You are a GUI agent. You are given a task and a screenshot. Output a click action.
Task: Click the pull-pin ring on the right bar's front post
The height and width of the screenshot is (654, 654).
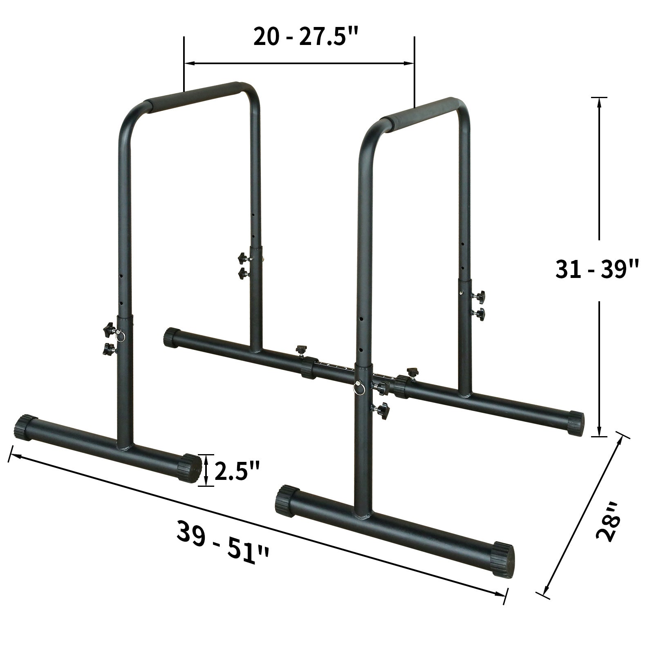click(x=359, y=388)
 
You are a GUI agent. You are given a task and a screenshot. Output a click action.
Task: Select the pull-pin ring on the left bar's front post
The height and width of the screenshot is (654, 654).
click(x=121, y=335)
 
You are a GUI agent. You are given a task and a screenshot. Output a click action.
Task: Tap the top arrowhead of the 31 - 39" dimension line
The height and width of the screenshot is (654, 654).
click(x=599, y=102)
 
